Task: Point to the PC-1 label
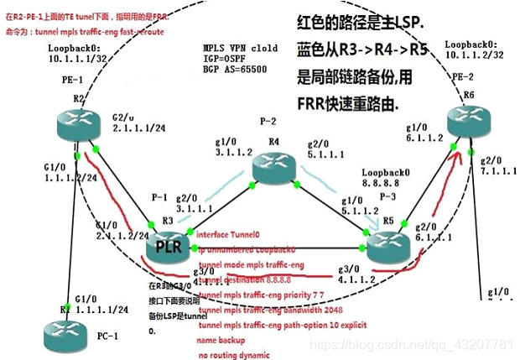[x=107, y=336]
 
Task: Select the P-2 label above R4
[x=270, y=121]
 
